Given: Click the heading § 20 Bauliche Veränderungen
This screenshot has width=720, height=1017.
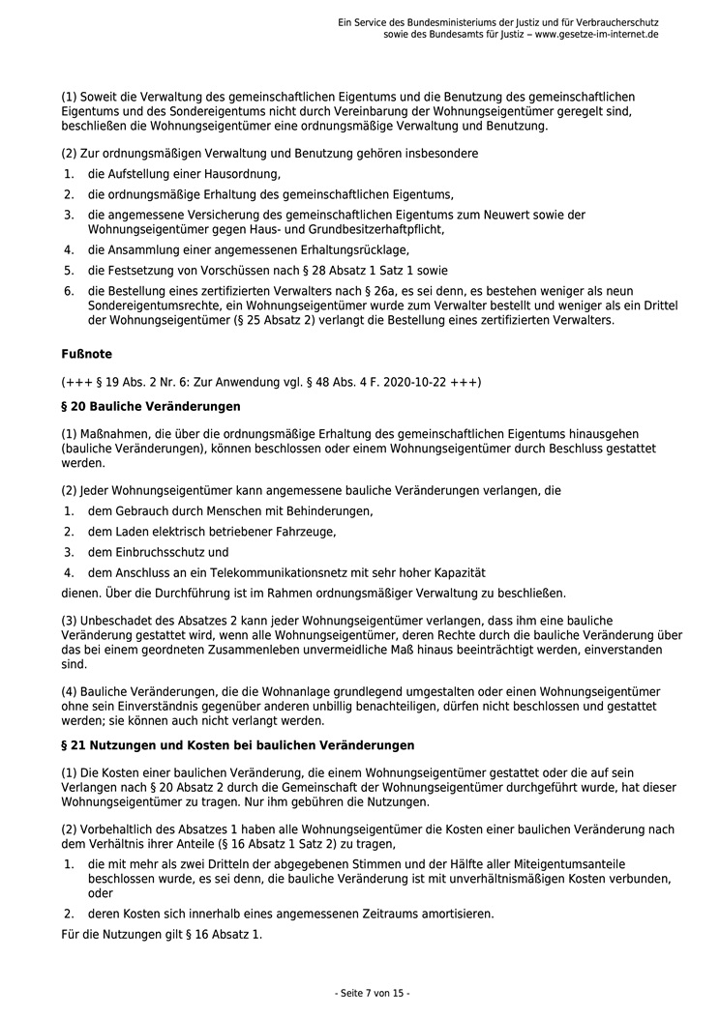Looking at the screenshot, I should point(150,406).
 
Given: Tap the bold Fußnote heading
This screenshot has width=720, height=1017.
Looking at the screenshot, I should point(86,355).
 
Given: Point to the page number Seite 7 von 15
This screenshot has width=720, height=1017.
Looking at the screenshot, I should point(372,993).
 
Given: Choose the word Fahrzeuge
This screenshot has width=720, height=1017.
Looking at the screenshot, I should point(302,532).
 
